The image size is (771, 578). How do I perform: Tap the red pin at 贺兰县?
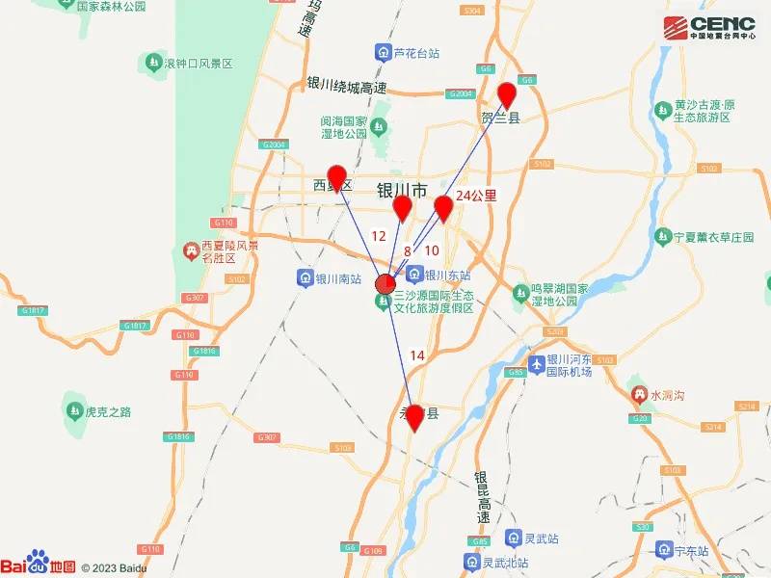507,95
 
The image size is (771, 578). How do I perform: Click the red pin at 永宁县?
414,416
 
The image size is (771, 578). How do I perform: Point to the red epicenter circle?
384,283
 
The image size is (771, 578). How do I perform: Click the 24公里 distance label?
476,196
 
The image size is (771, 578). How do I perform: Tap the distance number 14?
417,355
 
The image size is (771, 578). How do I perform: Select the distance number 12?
379,235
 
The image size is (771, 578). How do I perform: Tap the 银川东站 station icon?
414,275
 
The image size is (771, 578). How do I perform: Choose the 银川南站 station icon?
305,279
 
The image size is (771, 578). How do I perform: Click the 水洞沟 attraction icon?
638,395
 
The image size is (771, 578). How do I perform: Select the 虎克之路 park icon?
74,411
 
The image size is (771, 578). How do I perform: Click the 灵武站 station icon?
513,539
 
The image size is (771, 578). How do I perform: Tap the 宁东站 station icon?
663,550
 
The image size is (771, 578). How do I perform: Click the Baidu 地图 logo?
39,565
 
